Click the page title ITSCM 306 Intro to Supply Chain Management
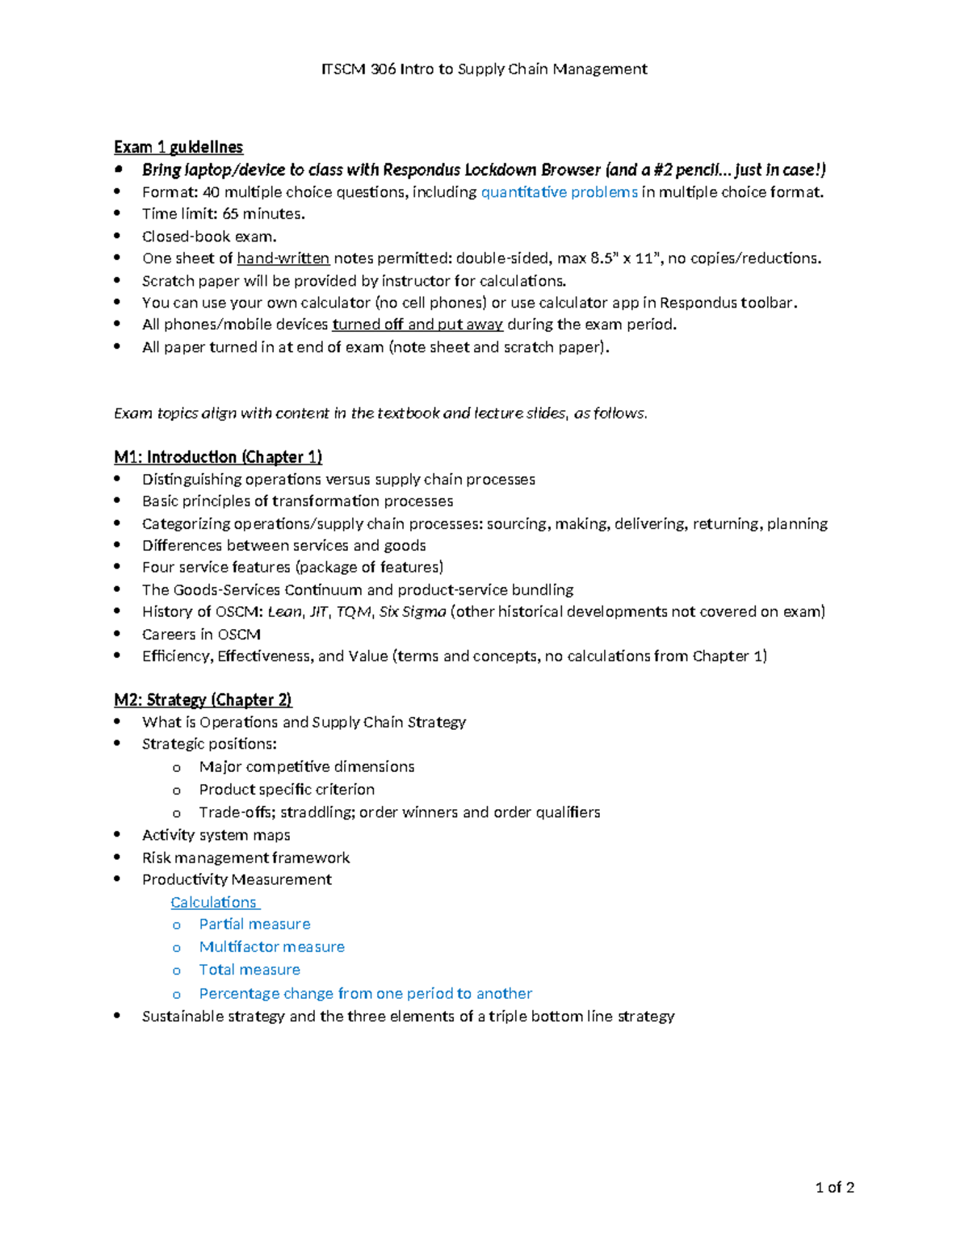point(484,69)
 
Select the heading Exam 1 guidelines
point(178,147)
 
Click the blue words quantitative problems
point(559,192)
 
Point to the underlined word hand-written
point(283,258)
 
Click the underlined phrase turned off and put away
point(417,325)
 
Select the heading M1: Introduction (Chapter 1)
point(218,457)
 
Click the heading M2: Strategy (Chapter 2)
point(203,700)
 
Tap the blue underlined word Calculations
point(213,903)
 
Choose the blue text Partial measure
point(254,925)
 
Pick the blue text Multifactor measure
point(271,947)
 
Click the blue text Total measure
point(250,970)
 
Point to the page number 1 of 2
point(835,1188)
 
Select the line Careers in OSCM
point(201,635)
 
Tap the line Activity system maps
point(216,835)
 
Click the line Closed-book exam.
point(209,237)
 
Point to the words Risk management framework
point(245,858)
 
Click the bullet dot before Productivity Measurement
point(118,879)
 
